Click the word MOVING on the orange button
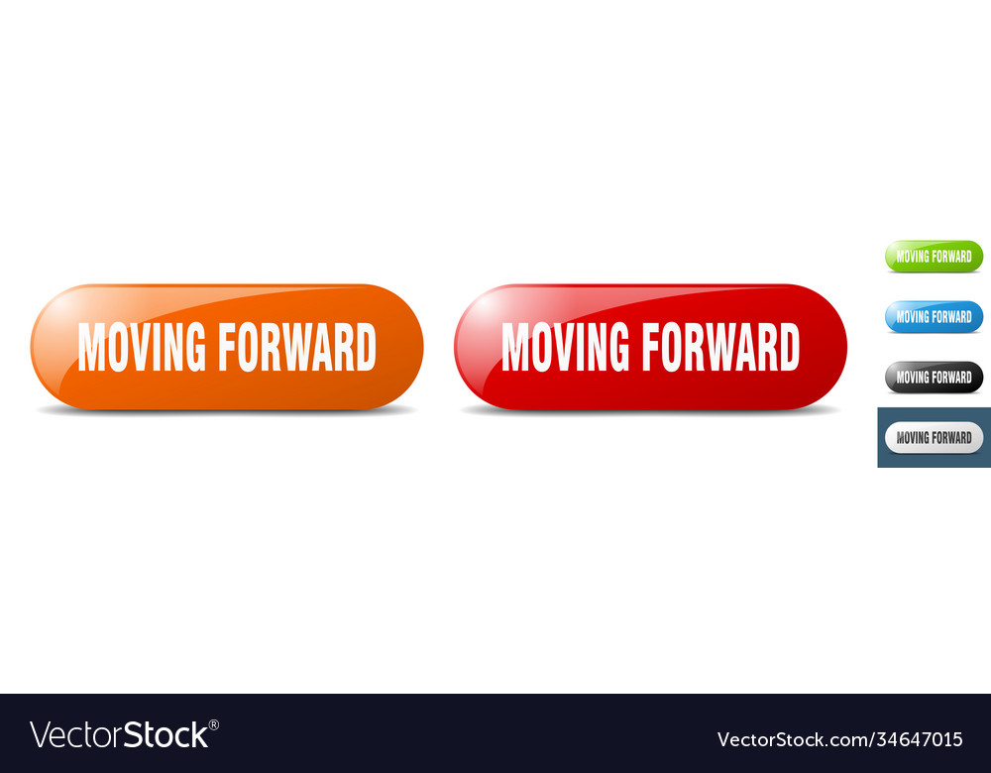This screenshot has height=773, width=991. [142, 348]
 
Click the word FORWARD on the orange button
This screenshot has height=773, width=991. [297, 348]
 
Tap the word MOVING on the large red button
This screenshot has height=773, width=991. [565, 348]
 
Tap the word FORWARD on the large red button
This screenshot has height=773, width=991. [720, 348]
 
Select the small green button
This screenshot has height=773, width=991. [934, 256]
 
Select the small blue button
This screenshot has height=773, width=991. [934, 317]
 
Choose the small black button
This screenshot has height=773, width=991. [934, 378]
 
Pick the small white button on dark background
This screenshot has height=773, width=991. [934, 438]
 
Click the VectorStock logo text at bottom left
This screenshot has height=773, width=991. [119, 735]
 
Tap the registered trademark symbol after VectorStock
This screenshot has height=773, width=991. [214, 724]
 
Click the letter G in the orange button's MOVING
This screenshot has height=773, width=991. [194, 348]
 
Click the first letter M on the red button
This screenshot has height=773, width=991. [515, 348]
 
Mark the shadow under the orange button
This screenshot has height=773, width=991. [226, 410]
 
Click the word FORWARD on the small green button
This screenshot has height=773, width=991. [951, 256]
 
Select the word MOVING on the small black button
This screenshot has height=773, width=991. [913, 378]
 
